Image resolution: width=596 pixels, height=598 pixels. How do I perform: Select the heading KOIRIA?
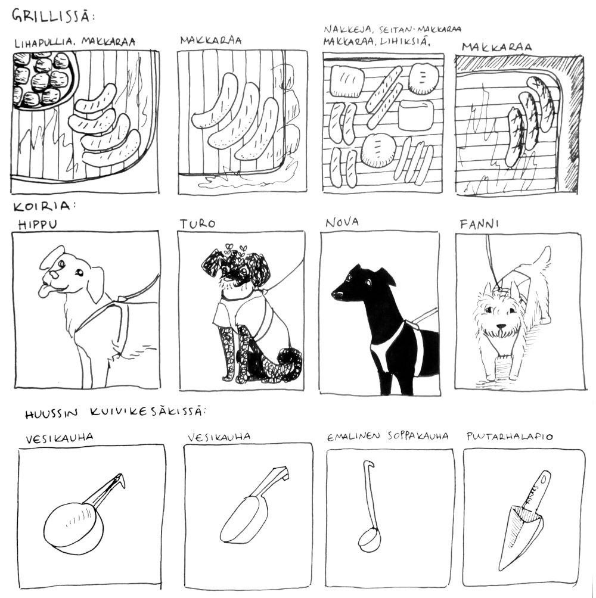click(x=44, y=206)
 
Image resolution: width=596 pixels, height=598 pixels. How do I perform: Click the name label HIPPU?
click(x=38, y=224)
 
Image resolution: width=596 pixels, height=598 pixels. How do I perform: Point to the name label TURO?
click(x=198, y=223)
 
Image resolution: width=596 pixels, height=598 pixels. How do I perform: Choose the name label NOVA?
click(x=342, y=222)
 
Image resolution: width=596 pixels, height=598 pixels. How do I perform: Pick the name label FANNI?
click(x=479, y=224)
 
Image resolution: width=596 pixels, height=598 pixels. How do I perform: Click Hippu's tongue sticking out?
click(x=44, y=292)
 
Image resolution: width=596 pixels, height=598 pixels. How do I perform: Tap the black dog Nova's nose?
click(x=336, y=294)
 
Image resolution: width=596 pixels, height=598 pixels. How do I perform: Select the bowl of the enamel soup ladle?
click(x=370, y=539)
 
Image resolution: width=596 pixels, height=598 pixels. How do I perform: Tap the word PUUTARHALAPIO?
click(x=510, y=437)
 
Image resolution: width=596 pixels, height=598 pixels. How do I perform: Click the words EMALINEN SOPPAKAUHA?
click(x=387, y=437)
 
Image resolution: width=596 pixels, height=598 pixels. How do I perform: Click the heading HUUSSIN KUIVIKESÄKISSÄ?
click(x=115, y=413)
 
